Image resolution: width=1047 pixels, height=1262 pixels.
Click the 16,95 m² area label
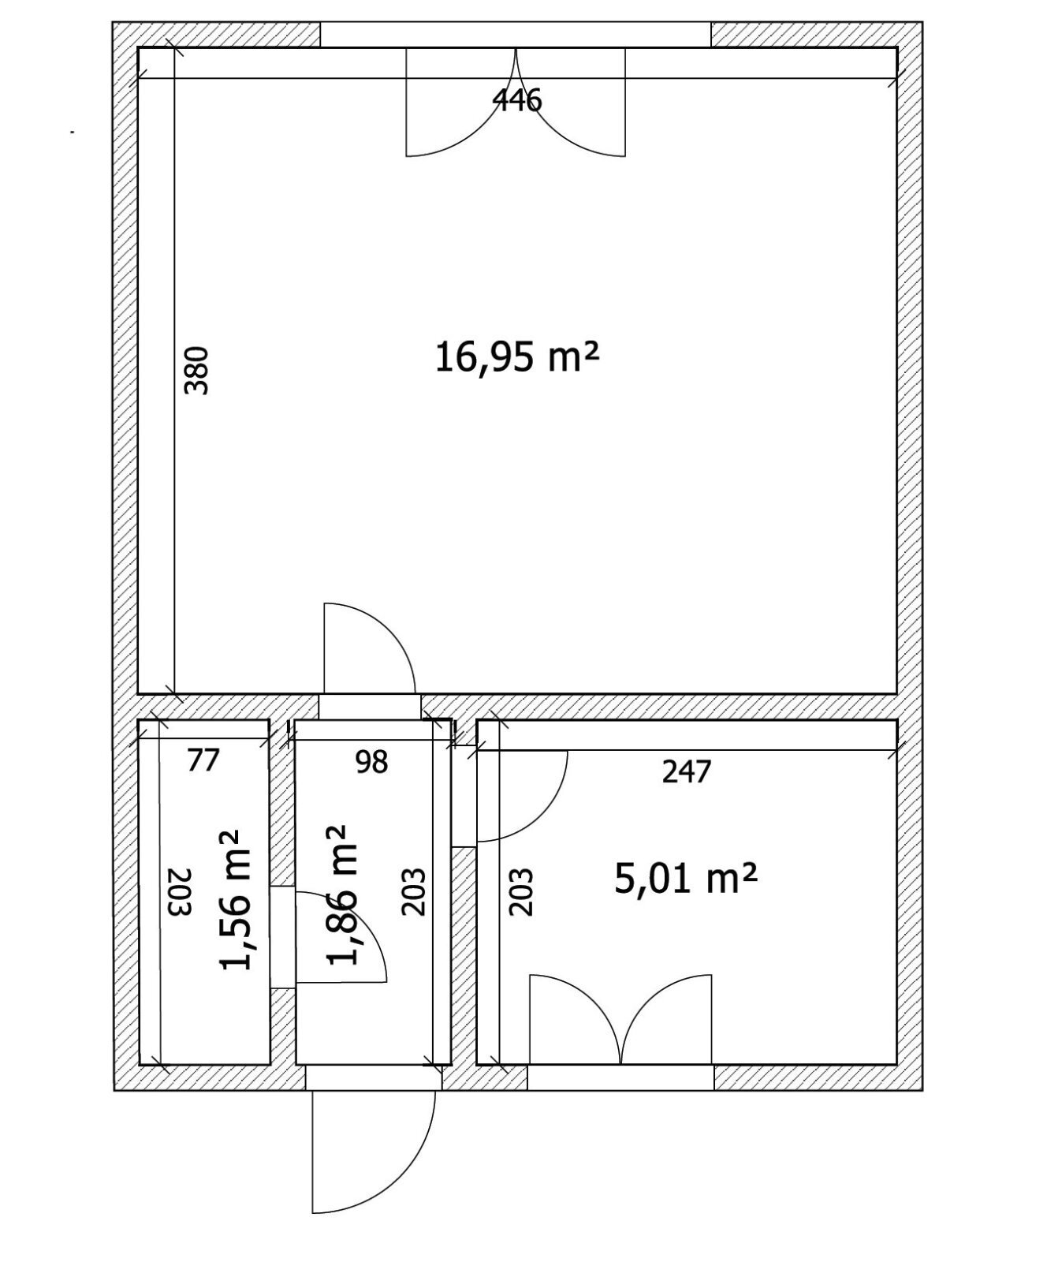517,358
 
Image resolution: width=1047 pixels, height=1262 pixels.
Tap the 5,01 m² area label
686,879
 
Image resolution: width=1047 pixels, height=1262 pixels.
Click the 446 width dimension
517,100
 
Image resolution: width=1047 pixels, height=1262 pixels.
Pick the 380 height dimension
196,371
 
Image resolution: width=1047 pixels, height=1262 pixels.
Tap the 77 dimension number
203,760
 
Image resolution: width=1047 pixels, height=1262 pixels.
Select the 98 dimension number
371,762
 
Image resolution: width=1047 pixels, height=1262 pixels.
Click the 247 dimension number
687,771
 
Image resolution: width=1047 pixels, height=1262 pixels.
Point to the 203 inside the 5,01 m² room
521,892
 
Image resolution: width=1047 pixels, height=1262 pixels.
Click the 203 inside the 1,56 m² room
181,892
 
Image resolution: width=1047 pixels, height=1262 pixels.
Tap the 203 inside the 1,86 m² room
414,892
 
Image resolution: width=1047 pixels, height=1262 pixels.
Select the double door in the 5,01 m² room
621,1020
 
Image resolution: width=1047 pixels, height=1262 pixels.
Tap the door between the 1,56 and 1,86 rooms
341,936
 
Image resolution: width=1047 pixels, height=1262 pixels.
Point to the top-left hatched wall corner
126,35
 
